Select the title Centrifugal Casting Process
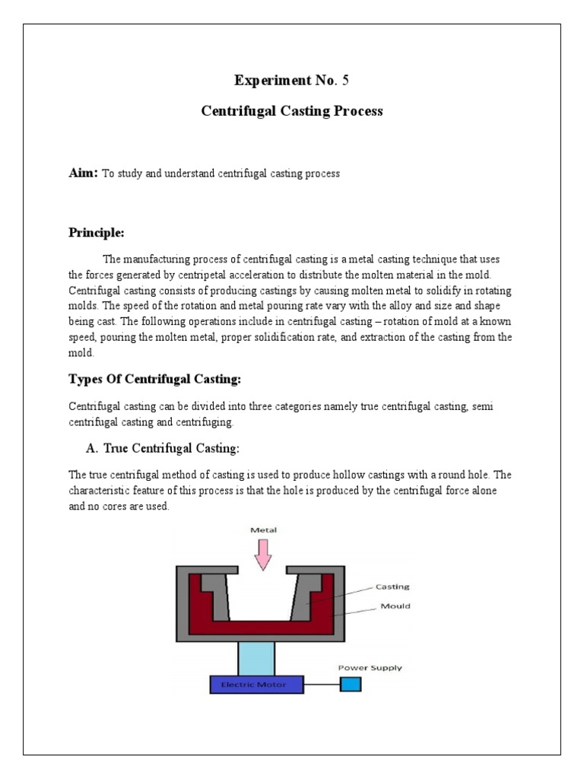(x=292, y=112)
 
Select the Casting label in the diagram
(x=392, y=587)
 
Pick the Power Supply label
(x=370, y=668)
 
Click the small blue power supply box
(x=351, y=685)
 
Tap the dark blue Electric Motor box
(x=256, y=685)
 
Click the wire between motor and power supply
(x=321, y=685)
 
